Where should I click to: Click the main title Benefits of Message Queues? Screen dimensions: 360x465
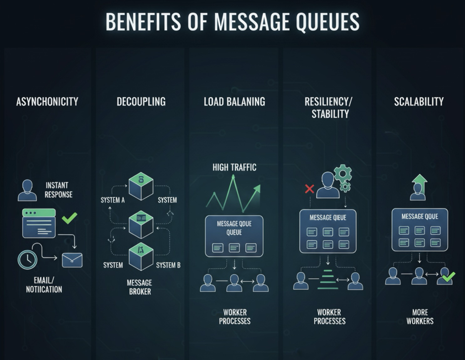click(232, 22)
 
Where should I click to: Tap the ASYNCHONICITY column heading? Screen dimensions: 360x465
click(47, 102)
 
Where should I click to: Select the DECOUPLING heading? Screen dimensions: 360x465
click(141, 102)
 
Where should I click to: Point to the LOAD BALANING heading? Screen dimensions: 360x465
click(234, 102)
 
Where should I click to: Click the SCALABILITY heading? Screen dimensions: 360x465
click(419, 102)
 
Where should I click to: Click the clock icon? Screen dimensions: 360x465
click(28, 259)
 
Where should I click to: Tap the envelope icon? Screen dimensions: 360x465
click(72, 260)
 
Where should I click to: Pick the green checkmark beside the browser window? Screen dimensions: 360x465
click(70, 218)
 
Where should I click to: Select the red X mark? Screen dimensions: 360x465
click(309, 189)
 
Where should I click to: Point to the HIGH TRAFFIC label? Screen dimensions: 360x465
click(234, 167)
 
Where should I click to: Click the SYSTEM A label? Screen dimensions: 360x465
click(112, 200)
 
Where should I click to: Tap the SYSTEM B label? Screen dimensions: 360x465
click(168, 265)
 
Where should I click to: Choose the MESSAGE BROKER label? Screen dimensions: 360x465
click(139, 287)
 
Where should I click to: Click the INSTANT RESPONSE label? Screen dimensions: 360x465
click(58, 190)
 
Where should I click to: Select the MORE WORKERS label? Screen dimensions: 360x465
click(420, 317)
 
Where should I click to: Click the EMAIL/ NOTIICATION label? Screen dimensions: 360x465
click(44, 285)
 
